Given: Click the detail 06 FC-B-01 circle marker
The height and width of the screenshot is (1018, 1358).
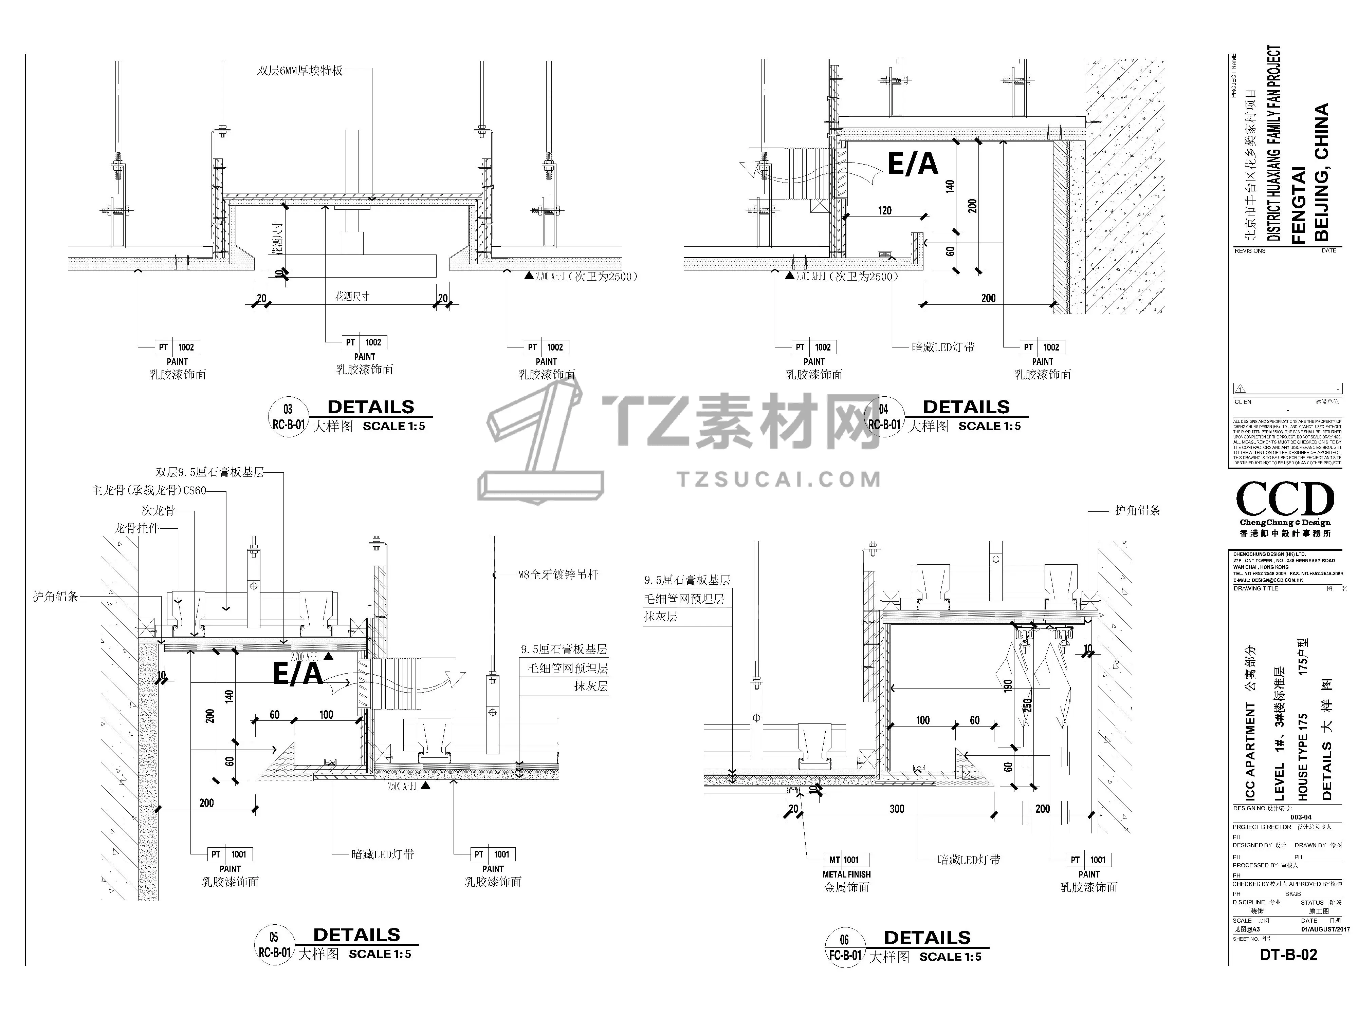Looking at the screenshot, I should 845,948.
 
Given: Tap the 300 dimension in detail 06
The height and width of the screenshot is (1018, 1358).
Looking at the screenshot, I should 897,809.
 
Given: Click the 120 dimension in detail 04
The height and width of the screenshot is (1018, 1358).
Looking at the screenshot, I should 885,210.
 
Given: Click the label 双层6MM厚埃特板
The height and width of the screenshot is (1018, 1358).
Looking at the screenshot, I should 299,71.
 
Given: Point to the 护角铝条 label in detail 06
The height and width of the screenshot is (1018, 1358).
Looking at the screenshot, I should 1137,511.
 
